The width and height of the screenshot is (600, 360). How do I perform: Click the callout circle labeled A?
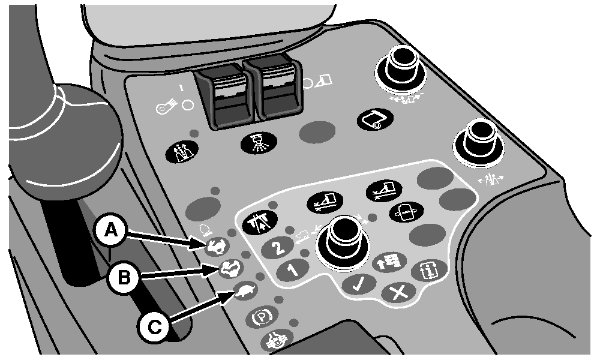[110, 232]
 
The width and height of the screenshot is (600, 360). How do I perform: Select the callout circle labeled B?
[124, 277]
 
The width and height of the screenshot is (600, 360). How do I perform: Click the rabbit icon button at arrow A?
[217, 247]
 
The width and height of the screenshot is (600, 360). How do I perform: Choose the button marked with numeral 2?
[279, 247]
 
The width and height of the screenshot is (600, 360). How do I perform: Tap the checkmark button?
[359, 284]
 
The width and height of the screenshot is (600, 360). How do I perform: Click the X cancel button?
[398, 293]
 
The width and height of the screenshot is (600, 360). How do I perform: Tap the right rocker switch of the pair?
[274, 91]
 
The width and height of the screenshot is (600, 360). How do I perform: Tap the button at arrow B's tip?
[231, 268]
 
